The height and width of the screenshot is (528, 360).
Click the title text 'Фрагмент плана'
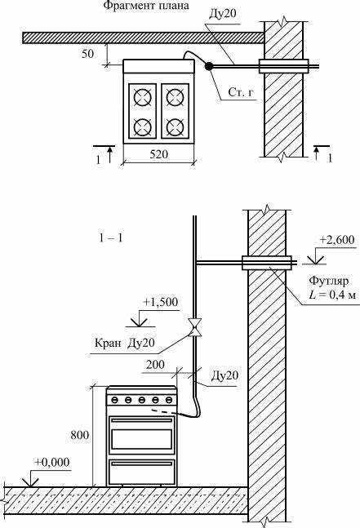(146, 7)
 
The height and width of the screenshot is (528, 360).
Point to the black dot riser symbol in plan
(210, 66)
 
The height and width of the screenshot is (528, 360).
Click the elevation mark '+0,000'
(51, 462)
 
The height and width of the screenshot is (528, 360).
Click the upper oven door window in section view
(142, 437)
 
